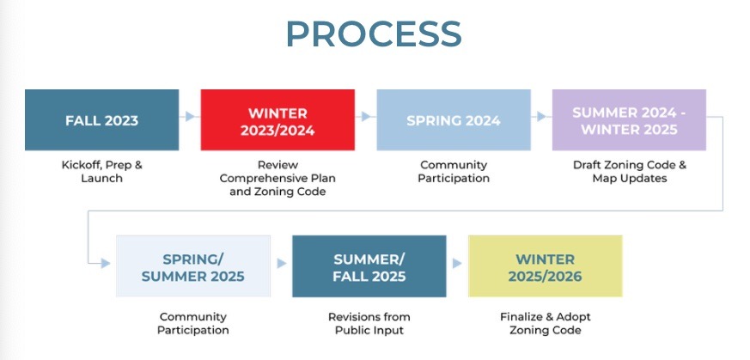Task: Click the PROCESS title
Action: click(374, 34)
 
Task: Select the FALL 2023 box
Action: click(102, 120)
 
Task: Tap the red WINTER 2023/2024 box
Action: click(277, 120)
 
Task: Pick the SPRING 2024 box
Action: click(454, 120)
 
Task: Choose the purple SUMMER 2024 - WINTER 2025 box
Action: click(629, 120)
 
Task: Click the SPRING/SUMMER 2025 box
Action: click(193, 265)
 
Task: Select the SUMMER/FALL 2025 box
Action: click(369, 265)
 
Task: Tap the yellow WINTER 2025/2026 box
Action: click(546, 265)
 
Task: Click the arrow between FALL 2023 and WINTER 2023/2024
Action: click(187, 116)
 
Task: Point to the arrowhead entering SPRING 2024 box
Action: click(366, 116)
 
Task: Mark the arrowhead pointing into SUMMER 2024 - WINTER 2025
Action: click(542, 116)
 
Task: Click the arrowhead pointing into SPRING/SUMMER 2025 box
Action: click(106, 264)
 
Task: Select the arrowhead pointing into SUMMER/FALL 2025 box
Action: click(282, 264)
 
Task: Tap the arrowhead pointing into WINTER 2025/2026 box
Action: click(457, 264)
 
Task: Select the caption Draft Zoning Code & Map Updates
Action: click(630, 172)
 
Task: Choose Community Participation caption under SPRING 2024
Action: click(454, 172)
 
